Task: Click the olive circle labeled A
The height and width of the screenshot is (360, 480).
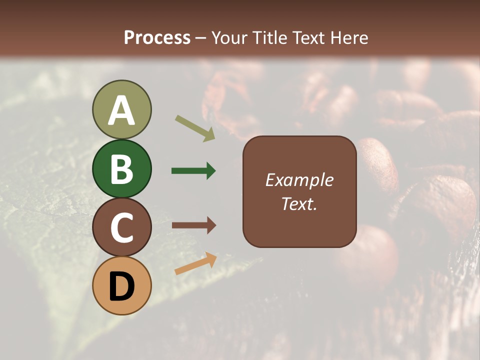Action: point(121,109)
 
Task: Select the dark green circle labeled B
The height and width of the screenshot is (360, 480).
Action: point(121,168)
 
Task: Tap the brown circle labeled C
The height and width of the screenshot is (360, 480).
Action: point(121,227)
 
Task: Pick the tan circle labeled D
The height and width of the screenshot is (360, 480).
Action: point(121,285)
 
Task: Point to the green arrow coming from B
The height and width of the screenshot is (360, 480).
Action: point(193,171)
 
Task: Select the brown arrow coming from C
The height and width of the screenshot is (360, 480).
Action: point(193,225)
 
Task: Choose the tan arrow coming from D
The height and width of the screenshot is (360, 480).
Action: point(195,263)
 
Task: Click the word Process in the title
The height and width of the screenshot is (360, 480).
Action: point(157,37)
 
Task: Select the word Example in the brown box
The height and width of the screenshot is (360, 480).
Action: point(299,180)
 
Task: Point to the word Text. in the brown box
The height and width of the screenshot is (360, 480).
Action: point(299,203)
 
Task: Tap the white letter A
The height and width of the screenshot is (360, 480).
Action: point(121,110)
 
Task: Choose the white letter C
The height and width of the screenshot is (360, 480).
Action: point(121,227)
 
